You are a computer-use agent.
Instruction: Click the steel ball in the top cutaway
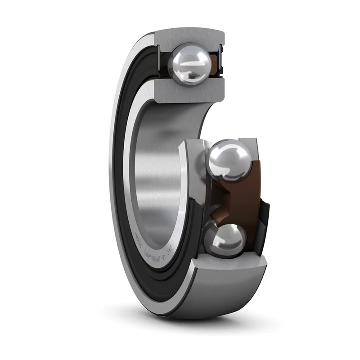tap(189, 64)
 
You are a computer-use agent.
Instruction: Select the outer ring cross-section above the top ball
tap(189, 36)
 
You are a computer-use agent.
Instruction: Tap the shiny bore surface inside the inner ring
tap(153, 180)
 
